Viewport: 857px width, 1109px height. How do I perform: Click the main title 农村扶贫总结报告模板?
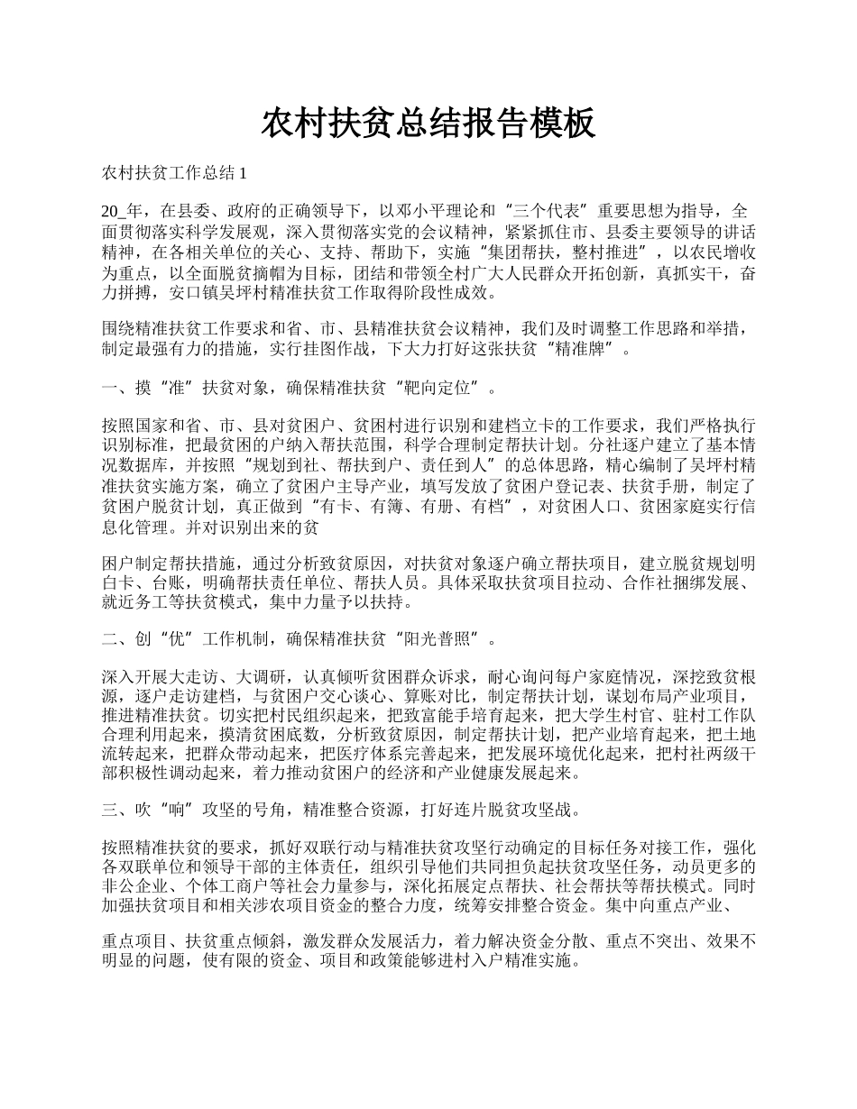(428, 124)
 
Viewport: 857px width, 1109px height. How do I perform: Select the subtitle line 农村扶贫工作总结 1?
(174, 171)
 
